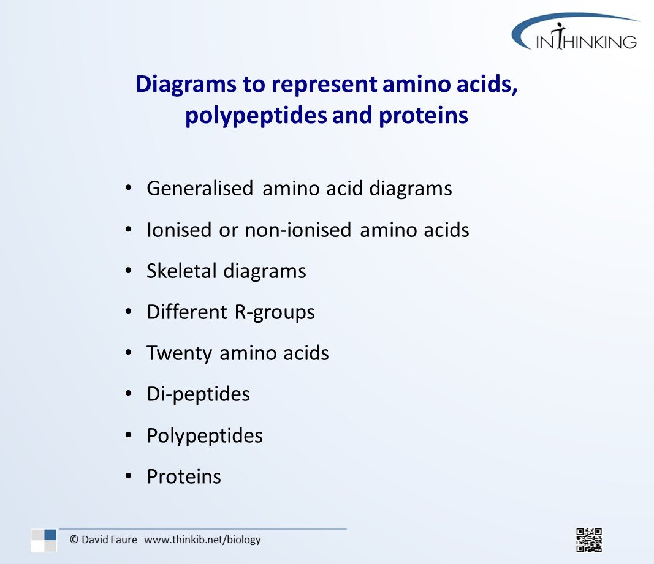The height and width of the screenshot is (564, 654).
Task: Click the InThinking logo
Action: coord(576,32)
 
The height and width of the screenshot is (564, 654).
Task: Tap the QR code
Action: coord(589,540)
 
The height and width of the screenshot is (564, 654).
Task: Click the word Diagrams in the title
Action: coord(186,85)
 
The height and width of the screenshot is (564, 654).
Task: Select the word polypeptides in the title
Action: coord(256,116)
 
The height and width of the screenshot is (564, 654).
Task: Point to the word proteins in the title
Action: coord(424,116)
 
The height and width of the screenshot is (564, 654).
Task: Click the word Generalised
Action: coord(200,189)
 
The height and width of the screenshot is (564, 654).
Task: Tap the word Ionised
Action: coord(179,230)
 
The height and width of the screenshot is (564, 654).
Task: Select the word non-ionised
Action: coord(298,230)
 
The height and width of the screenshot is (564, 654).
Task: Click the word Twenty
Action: coord(180,353)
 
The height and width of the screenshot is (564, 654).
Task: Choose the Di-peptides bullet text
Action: coord(198,394)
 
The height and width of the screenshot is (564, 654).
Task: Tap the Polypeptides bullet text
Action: coord(205,436)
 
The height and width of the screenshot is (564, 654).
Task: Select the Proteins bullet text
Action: coord(184,477)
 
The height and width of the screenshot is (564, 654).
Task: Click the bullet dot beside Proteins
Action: coord(129,476)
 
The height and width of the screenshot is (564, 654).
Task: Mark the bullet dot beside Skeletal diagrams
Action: coord(129,270)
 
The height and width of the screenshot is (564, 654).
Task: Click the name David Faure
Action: coord(109,540)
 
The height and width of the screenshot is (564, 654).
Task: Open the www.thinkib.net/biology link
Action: coord(202,540)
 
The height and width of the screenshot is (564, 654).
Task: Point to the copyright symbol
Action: coord(74,540)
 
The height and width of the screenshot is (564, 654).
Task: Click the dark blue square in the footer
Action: coord(50,535)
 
